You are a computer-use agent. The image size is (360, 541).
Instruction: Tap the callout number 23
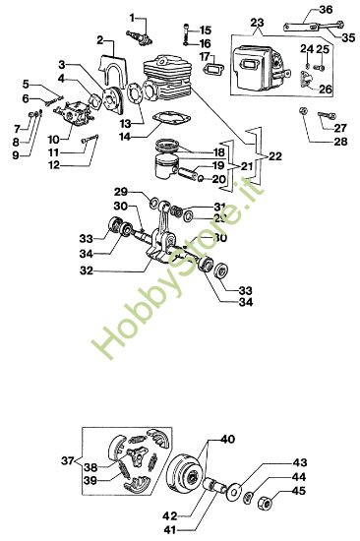[x=258, y=24]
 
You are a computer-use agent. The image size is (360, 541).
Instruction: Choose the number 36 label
[x=327, y=9]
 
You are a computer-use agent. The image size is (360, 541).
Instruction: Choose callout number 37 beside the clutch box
[x=67, y=460]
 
